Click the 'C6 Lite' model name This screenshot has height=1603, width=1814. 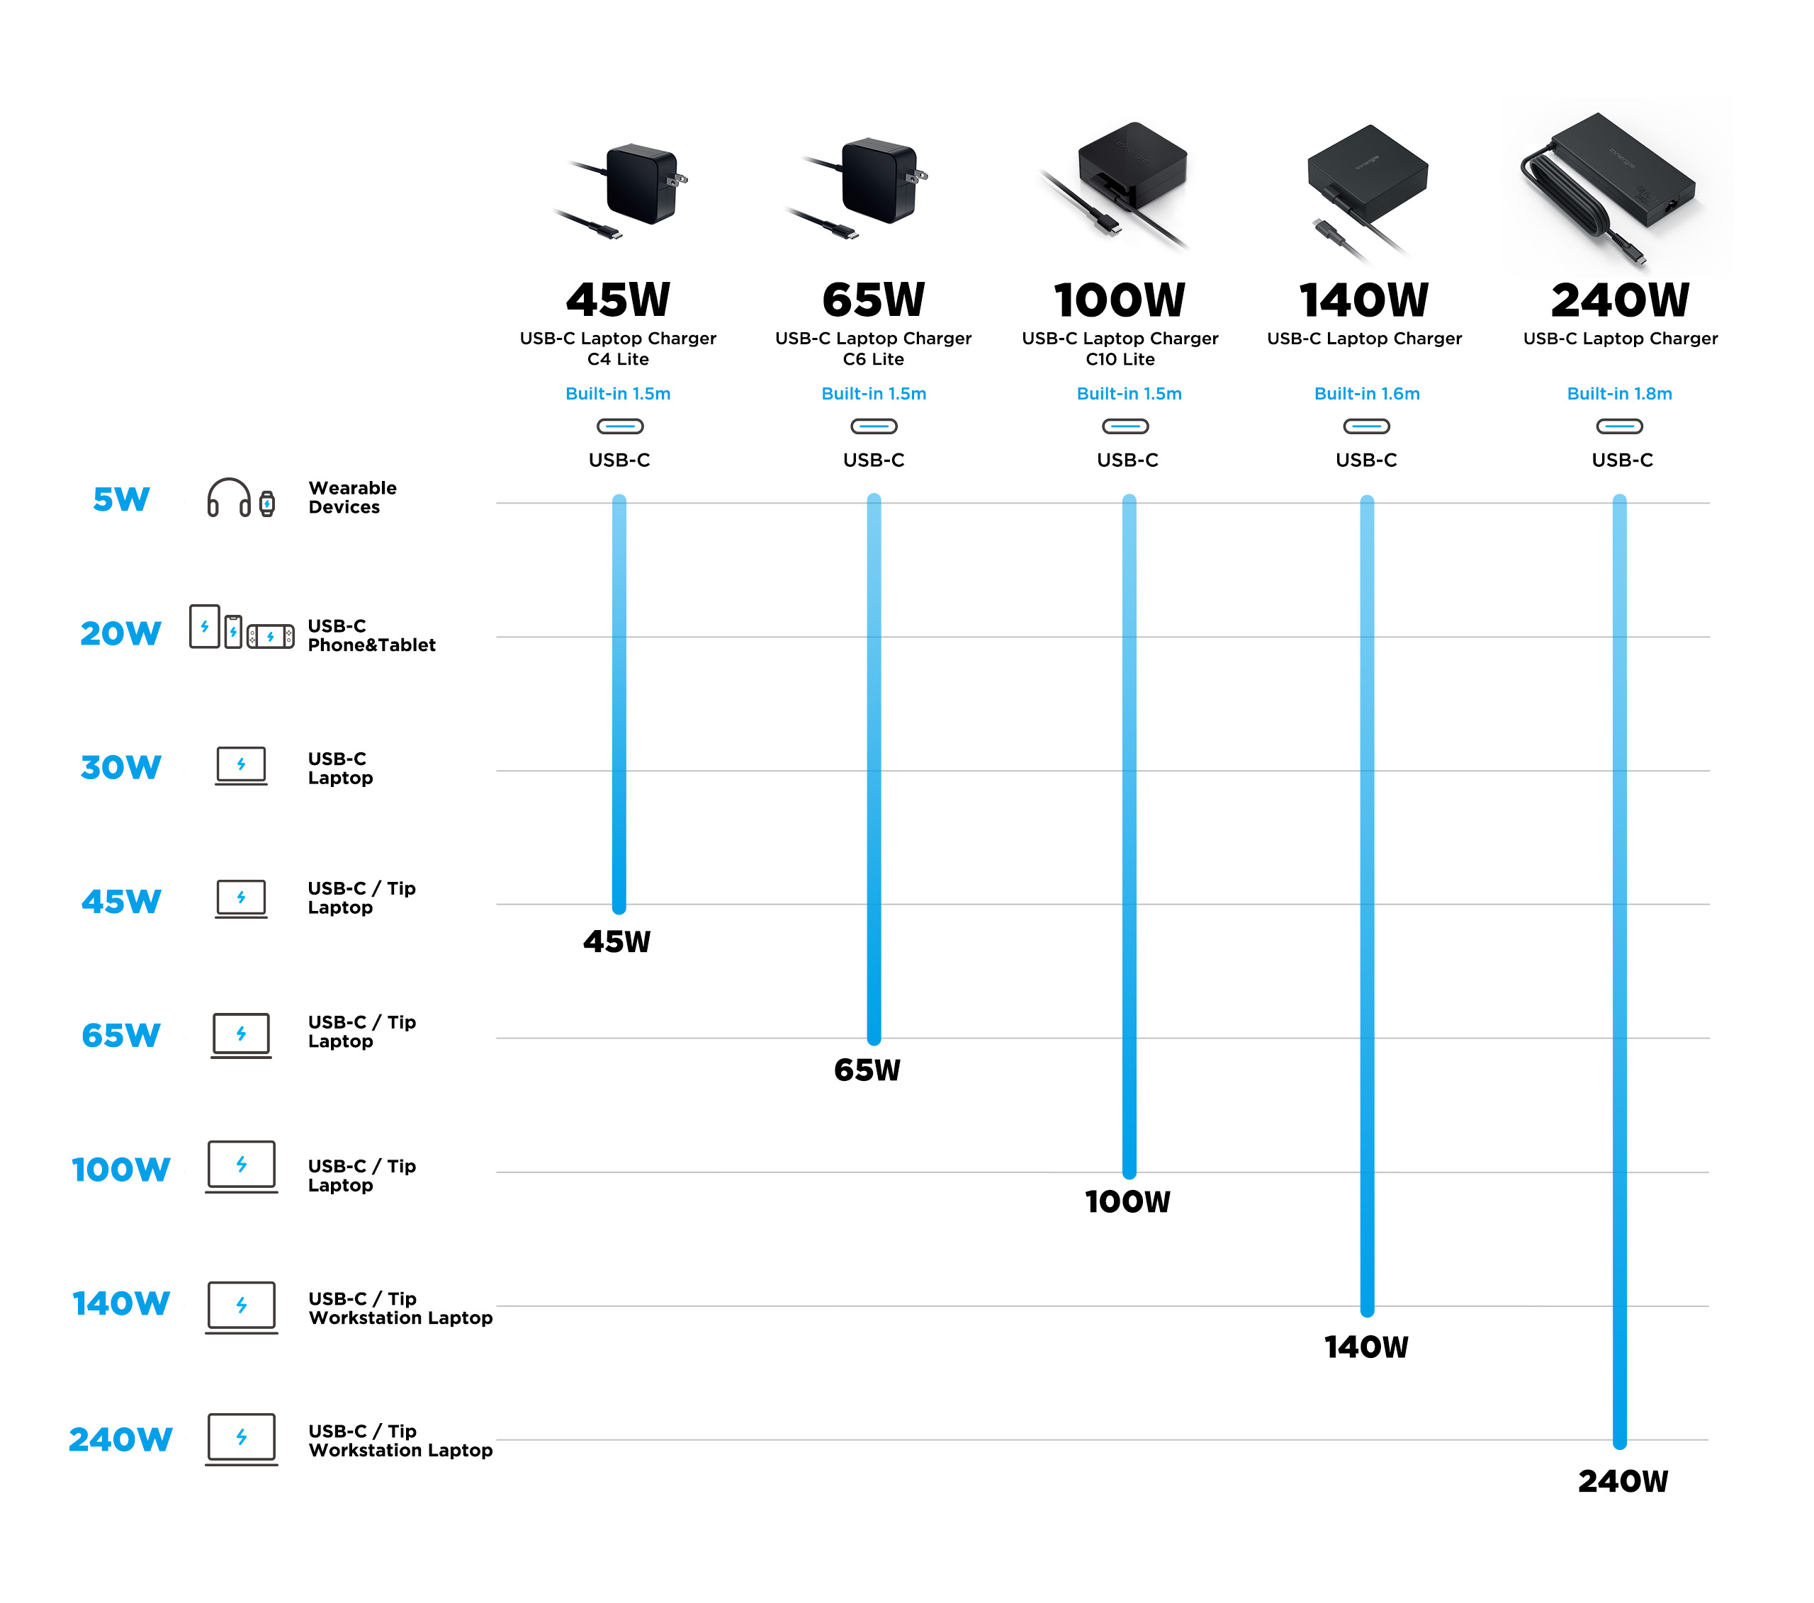pyautogui.click(x=872, y=359)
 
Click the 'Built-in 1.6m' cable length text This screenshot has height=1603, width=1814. pyautogui.click(x=1366, y=394)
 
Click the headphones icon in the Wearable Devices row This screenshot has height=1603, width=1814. pyautogui.click(x=228, y=498)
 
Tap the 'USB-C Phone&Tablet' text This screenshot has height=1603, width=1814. pyautogui.click(x=371, y=635)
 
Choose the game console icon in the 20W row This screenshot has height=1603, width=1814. pyautogui.click(x=270, y=636)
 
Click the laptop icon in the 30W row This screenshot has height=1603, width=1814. pyautogui.click(x=240, y=766)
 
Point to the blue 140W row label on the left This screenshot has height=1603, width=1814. pyautogui.click(x=120, y=1303)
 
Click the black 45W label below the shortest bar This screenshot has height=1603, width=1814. pyautogui.click(x=616, y=941)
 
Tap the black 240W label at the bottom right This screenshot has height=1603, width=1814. pyautogui.click(x=1622, y=1480)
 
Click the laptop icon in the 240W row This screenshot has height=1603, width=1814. pyautogui.click(x=240, y=1439)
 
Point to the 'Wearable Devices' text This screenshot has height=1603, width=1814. pyautogui.click(x=352, y=498)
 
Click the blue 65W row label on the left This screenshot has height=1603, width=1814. pyautogui.click(x=120, y=1035)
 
